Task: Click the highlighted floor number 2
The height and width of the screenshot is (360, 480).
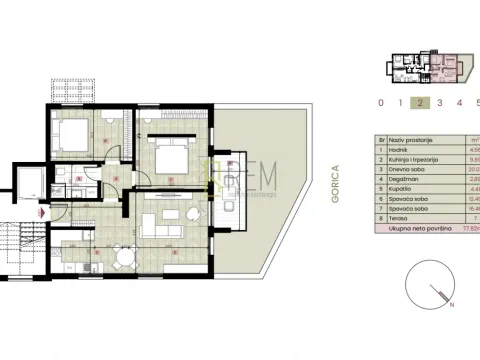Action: pos(420,102)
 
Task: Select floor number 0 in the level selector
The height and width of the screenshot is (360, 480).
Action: pos(380,102)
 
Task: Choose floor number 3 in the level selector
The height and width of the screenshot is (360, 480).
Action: pos(440,102)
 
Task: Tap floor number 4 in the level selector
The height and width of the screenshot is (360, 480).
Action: pos(459,102)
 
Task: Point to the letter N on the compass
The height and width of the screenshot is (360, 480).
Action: pos(451,307)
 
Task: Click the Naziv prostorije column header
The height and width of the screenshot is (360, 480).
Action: pos(404,141)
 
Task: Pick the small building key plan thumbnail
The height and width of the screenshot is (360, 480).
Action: pos(424,65)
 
